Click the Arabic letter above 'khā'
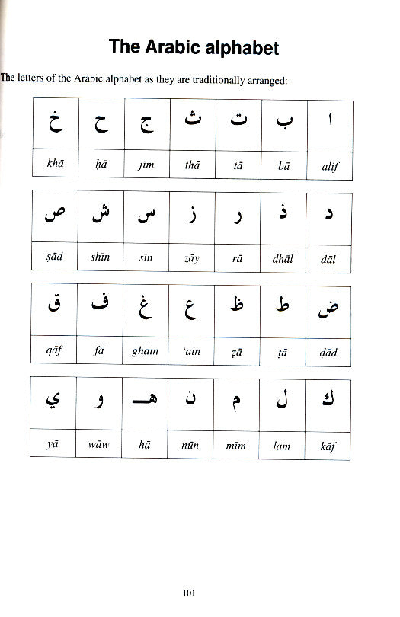(53, 123)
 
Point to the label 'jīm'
(145, 164)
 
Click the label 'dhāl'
(283, 258)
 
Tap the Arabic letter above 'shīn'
(99, 216)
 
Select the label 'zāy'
(190, 258)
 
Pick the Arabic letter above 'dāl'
(329, 216)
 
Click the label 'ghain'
(145, 351)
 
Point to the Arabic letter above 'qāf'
(53, 308)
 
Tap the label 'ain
(190, 351)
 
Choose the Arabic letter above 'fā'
(99, 307)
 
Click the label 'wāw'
(99, 445)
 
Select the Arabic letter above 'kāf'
(328, 399)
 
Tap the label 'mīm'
(237, 445)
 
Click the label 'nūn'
(190, 445)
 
